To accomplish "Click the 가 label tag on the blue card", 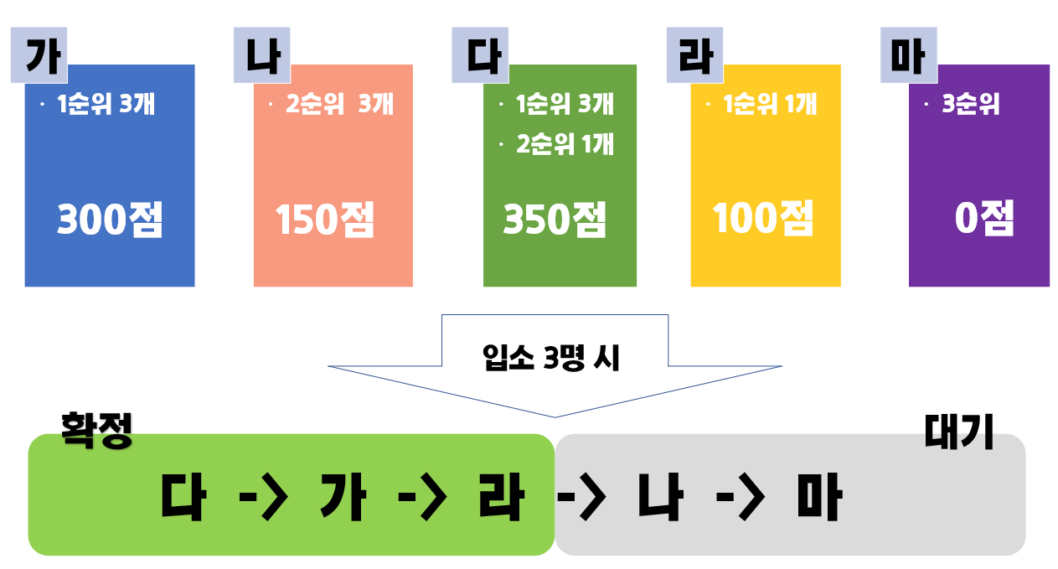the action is pos(39,55).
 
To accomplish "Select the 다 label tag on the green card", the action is pos(480,56).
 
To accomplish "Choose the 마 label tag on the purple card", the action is pos(908,56).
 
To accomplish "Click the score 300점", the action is pos(110,220).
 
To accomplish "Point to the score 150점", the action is pos(325,220).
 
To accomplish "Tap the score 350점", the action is pos(555,220).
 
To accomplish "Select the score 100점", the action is pos(763,219).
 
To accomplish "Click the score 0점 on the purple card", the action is pos(984,220).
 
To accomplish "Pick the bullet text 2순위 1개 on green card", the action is pos(565,145).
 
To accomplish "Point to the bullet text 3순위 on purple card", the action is pos(970,106).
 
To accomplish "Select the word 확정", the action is pos(97,431).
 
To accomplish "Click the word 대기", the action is pos(958,432).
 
